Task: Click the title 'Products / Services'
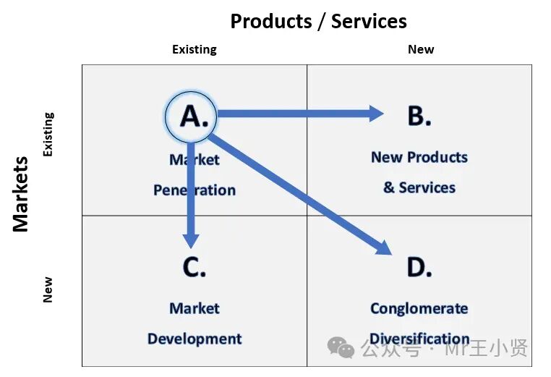tap(318, 22)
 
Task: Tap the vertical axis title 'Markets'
tap(21, 194)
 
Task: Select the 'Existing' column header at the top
tap(194, 50)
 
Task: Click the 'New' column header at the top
tap(420, 50)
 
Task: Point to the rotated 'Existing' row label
tap(48, 135)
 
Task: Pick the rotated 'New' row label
tap(48, 289)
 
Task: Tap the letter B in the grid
tap(419, 116)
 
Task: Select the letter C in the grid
tap(194, 267)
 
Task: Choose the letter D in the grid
tap(419, 267)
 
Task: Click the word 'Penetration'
tap(194, 190)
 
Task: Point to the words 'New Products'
tap(419, 157)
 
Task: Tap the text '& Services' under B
tap(419, 187)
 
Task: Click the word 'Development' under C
tap(194, 339)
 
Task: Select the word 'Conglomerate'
tap(419, 308)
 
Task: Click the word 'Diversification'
tap(419, 339)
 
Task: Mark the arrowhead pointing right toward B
tap(375, 114)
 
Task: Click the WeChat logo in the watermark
tap(341, 348)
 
